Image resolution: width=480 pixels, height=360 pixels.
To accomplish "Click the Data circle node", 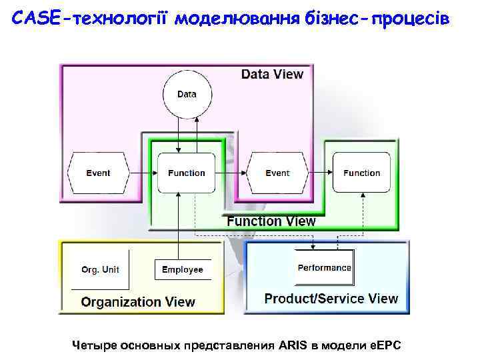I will coord(187,94).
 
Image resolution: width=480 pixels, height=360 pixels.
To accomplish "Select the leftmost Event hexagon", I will coord(98,173).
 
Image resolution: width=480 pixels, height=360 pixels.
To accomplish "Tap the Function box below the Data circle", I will coord(187,173).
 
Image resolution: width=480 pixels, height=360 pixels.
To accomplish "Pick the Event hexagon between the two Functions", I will coord(277,173).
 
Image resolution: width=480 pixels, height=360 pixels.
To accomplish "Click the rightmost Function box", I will coord(361,173).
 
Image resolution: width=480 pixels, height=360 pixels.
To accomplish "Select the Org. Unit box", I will coord(101,269).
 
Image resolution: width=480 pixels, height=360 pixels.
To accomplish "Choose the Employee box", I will coord(183,269).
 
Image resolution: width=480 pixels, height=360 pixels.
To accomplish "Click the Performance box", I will coord(324,267).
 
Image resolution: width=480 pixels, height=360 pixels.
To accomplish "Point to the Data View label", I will coord(272,75).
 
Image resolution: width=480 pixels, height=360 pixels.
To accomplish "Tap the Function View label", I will coord(271,221).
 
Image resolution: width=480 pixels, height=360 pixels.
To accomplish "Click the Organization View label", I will coord(138,302).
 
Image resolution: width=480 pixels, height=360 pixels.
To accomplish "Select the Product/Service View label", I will coord(331,299).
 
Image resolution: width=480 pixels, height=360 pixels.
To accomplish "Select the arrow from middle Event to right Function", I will coord(320,173).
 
